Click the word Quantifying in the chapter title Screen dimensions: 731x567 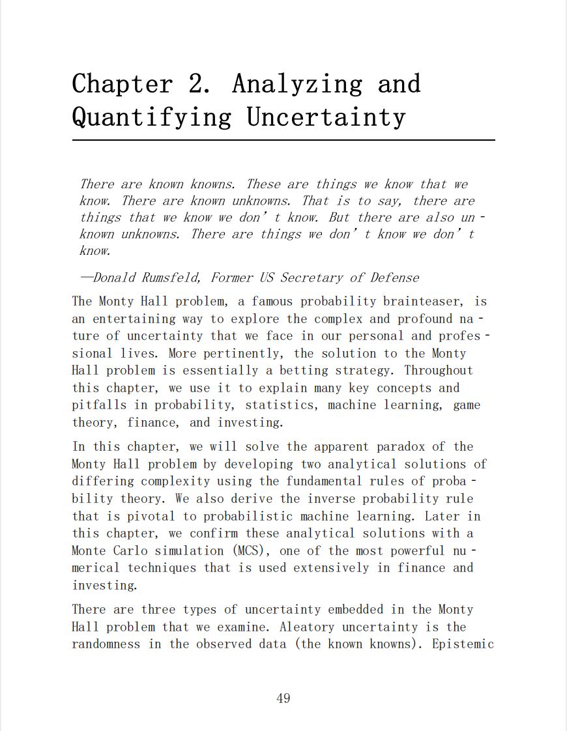pos(151,117)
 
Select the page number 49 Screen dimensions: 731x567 pos(283,698)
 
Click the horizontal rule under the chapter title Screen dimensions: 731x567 pos(283,140)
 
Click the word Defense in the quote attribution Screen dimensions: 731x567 pos(395,278)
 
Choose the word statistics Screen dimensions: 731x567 pos(285,405)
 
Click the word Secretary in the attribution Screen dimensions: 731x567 pos(312,278)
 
